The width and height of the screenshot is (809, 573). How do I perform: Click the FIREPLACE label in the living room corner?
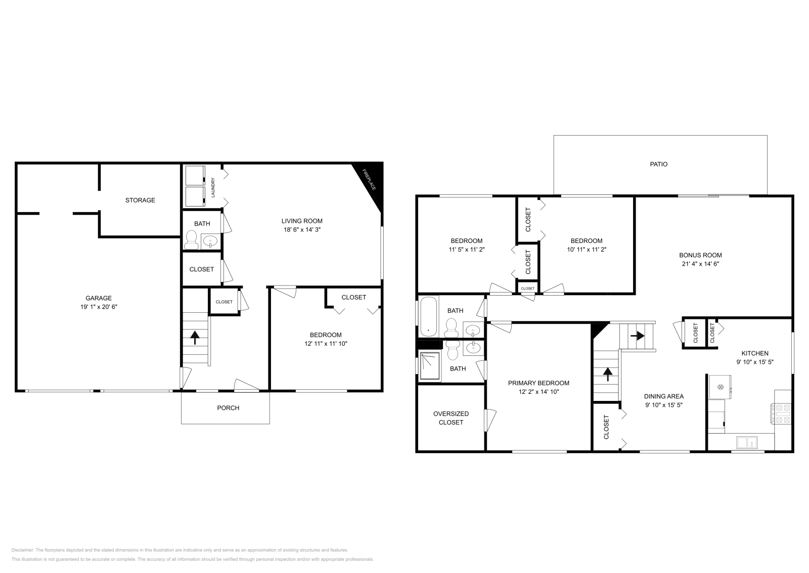tap(369, 180)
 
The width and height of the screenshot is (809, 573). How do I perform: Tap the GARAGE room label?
tap(99, 298)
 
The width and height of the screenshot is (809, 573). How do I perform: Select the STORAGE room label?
tap(140, 200)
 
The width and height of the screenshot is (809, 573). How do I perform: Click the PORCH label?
tap(228, 407)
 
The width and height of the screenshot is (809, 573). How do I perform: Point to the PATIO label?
tap(658, 164)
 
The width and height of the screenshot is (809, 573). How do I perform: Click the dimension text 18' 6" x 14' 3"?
tap(302, 229)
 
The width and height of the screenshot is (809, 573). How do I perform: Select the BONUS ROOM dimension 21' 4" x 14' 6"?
tap(700, 264)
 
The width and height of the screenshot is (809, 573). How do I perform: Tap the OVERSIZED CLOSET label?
tap(451, 418)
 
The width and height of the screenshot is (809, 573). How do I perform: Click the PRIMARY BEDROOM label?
tap(538, 383)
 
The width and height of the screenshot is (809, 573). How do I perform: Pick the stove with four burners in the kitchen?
tap(782, 413)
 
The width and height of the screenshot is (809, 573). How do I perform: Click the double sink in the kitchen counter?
tap(746, 443)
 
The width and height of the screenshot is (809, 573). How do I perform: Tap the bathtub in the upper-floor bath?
tap(428, 317)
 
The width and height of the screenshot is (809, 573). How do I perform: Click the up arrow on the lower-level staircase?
tap(195, 337)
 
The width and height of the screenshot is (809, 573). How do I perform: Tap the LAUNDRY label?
tap(213, 187)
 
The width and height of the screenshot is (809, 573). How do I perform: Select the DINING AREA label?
tap(664, 396)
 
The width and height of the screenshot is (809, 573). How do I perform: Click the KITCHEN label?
tap(755, 353)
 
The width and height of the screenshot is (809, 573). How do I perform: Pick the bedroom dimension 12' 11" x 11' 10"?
tap(326, 344)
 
